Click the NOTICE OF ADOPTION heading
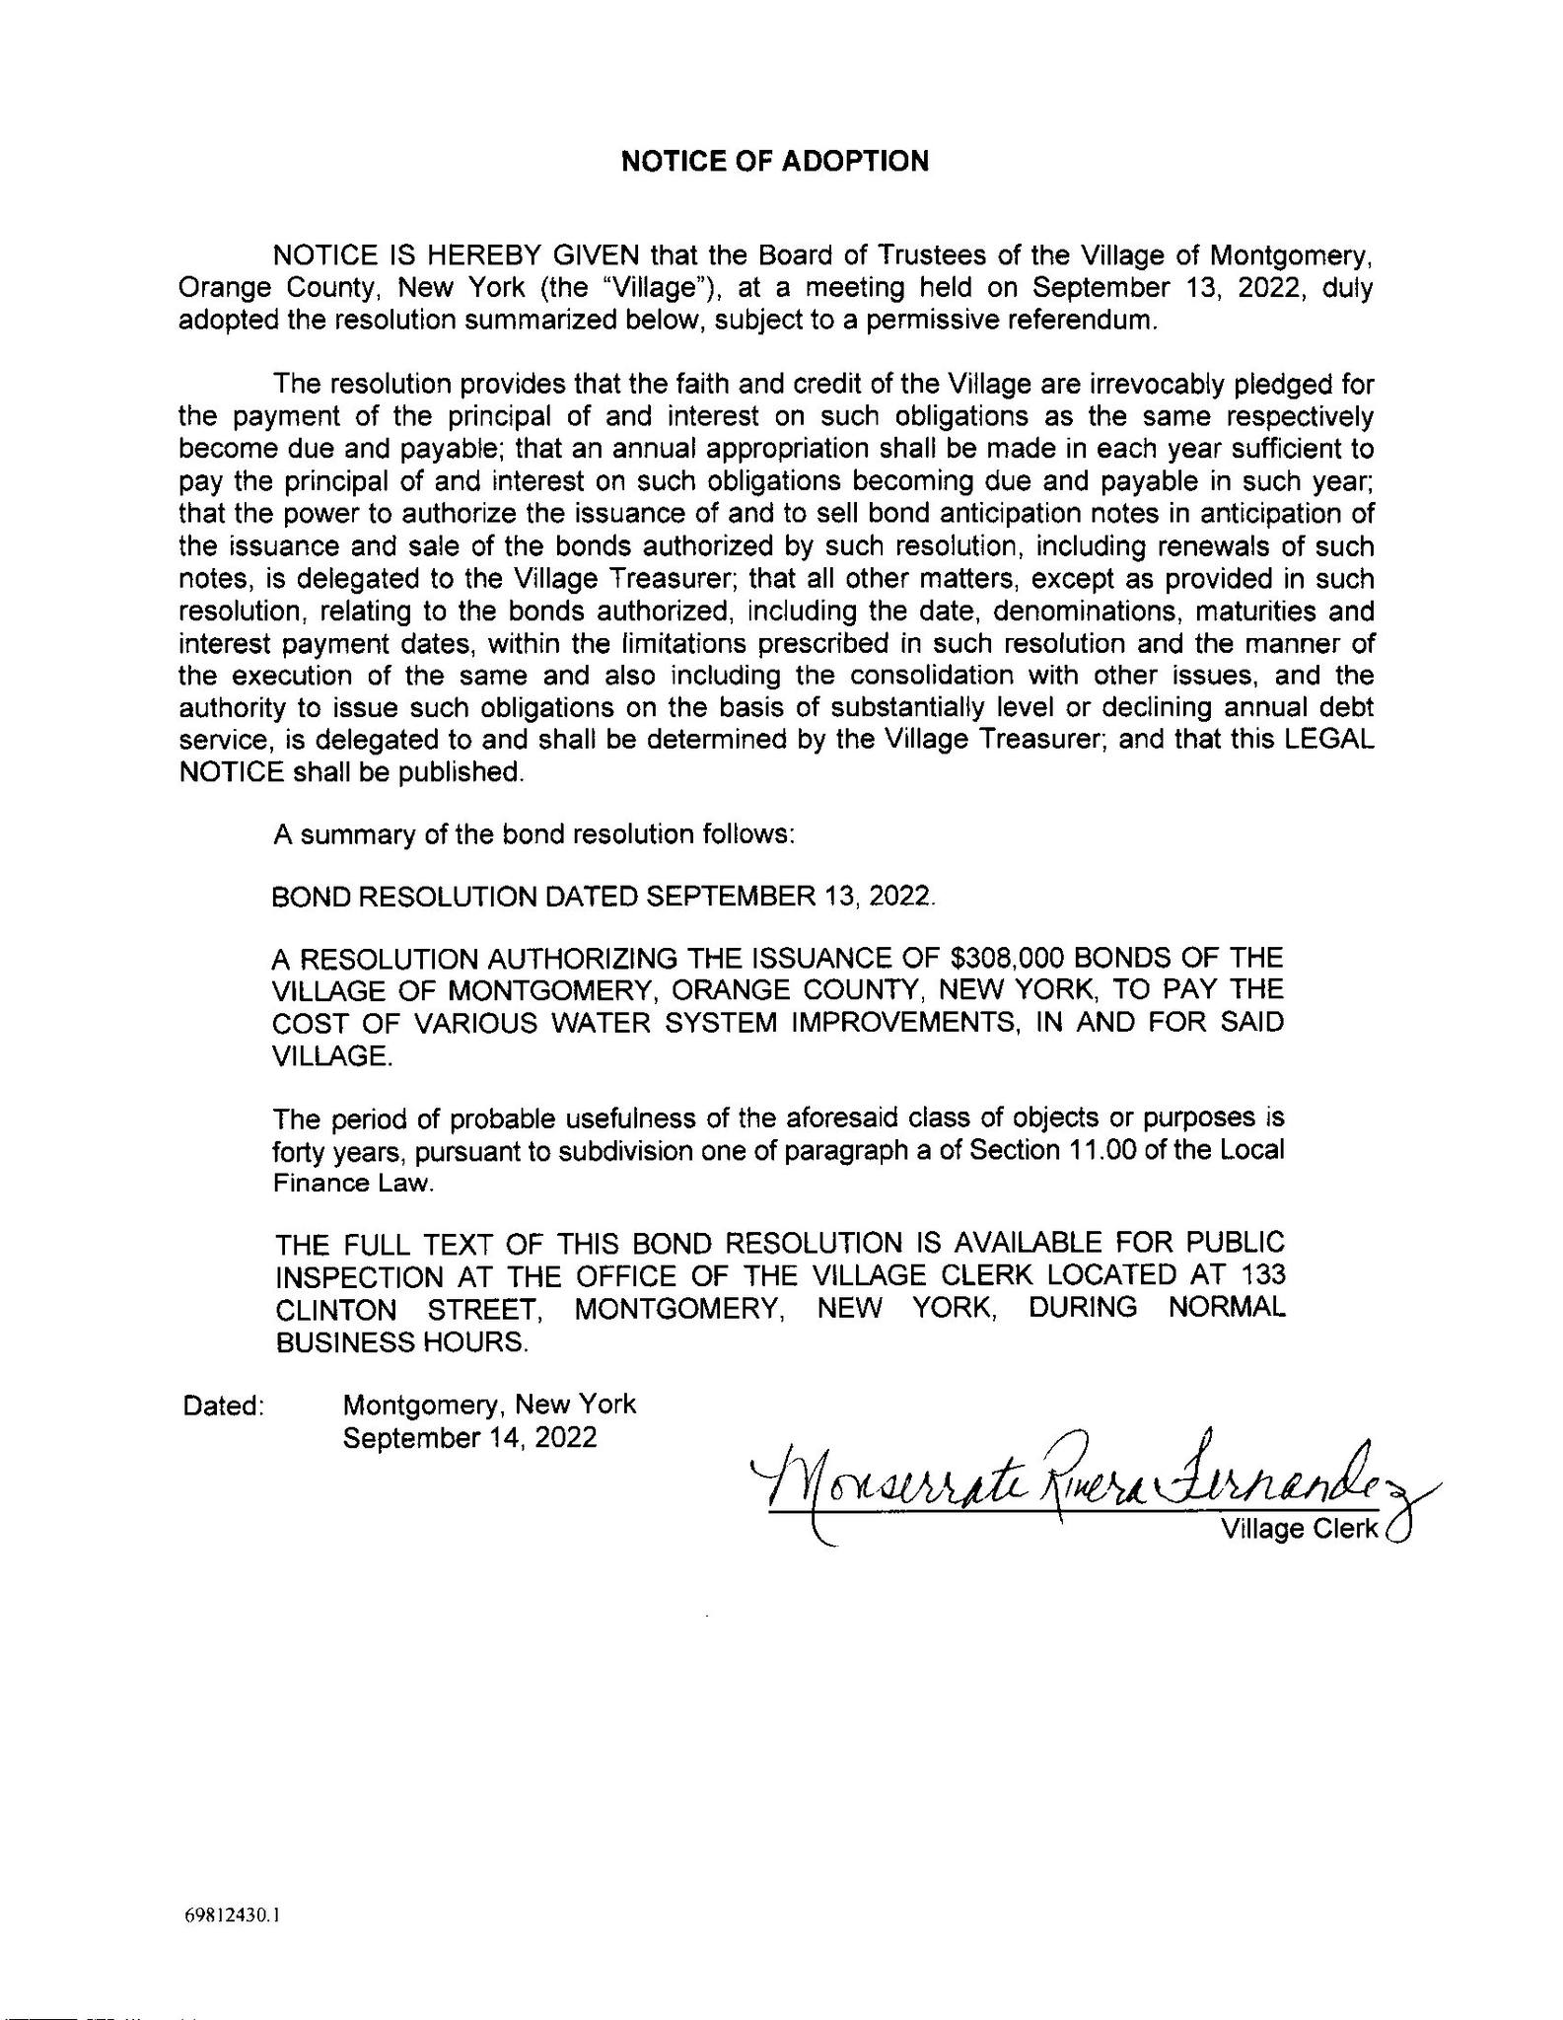pyautogui.click(x=774, y=161)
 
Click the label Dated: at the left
pyautogui.click(x=224, y=1406)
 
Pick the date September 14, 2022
pyautogui.click(x=469, y=1437)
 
